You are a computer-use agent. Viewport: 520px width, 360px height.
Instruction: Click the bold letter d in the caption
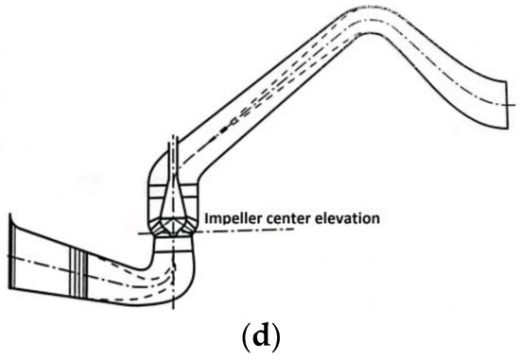click(261, 337)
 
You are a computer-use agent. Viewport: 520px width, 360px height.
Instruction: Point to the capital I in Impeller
click(206, 219)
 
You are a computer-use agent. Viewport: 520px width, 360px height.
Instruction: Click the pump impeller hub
click(173, 227)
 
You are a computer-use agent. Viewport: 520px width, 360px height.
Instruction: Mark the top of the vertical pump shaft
click(173, 136)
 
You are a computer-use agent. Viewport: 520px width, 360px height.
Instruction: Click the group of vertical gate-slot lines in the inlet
click(78, 272)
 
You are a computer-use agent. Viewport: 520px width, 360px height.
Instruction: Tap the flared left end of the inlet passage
click(12, 252)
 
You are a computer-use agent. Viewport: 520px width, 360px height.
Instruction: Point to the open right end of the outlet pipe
click(508, 105)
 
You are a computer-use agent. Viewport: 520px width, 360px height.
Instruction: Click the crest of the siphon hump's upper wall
click(369, 7)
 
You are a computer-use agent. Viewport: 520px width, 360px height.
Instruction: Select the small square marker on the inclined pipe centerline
click(234, 122)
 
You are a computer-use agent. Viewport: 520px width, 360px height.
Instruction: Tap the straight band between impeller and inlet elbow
click(174, 245)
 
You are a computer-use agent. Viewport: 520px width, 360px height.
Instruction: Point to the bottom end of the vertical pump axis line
click(173, 308)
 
